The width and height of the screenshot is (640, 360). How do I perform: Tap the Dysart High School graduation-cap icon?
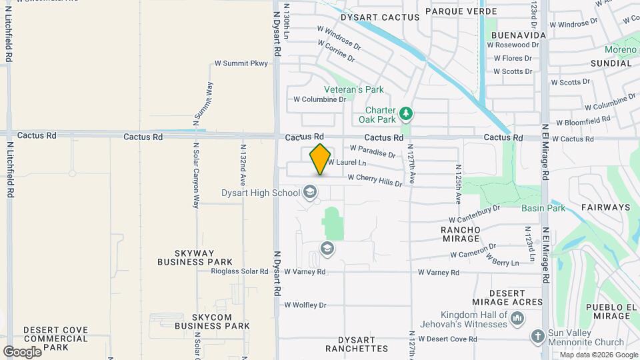coord(309,193)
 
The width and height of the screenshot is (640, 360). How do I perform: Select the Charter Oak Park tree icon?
coord(406,115)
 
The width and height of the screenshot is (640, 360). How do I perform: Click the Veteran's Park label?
coord(354,89)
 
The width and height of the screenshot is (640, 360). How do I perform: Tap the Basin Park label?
coord(543,208)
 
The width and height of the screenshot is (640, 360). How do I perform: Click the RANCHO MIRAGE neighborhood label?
coord(461,234)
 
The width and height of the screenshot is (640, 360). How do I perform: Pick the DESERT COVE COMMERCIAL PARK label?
coord(55,339)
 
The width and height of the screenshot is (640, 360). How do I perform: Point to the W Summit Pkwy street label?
coord(241,63)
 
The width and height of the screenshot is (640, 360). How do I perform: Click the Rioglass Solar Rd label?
coord(239,271)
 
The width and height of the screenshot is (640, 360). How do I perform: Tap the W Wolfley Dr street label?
coord(305,305)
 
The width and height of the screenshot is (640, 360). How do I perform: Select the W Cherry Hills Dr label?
coord(375,180)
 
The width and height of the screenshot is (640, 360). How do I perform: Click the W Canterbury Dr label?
coord(474,214)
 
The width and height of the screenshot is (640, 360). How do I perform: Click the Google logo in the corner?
coord(22,351)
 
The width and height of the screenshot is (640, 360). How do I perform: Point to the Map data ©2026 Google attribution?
coord(599,355)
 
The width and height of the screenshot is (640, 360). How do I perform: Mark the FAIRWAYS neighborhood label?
coord(605,207)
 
